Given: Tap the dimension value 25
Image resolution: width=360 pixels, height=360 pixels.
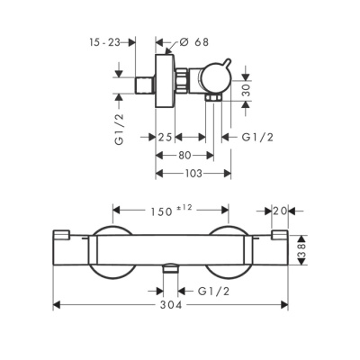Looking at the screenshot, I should point(165,137).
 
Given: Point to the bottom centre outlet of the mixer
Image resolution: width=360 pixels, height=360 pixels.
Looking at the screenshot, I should point(170,267).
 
